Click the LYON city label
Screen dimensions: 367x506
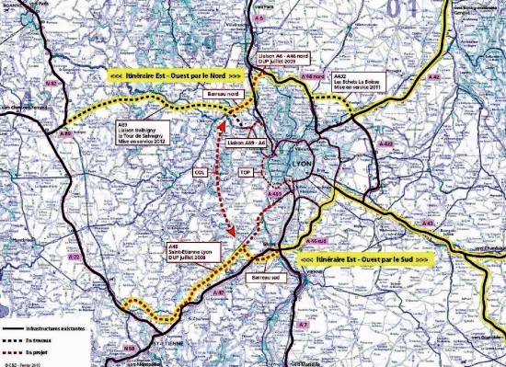coord(301,163)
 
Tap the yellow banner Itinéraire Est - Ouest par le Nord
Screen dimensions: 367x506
coord(176,73)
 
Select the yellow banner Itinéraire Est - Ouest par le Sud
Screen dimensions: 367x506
coord(366,260)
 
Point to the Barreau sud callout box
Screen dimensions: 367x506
coord(263,275)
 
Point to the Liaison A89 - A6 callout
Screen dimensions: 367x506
coord(246,143)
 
